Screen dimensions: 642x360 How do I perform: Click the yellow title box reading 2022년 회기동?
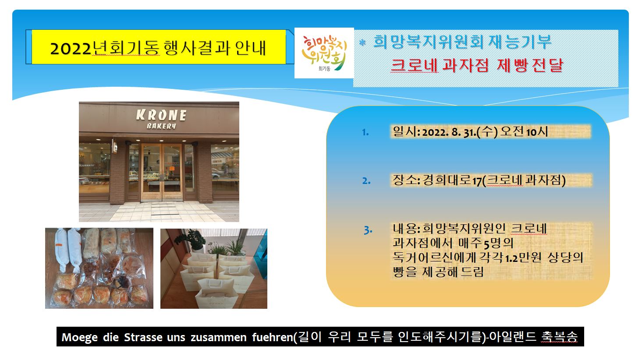coord(159,47)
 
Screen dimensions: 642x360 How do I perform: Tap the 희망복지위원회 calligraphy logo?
coord(324,53)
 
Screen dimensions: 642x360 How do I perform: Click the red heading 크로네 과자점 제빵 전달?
coord(477,66)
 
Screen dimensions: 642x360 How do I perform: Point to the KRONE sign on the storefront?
coord(161,115)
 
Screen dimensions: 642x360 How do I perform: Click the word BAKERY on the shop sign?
coord(161,126)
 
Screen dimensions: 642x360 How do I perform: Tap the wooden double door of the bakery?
coord(162,172)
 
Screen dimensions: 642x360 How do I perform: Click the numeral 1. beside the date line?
coord(365,132)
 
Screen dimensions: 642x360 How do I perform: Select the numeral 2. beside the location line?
coord(366,181)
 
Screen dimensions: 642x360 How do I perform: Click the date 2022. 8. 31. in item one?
coord(449,132)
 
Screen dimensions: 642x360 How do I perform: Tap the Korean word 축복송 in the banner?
coord(560,337)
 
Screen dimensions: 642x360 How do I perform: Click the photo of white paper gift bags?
coord(214,268)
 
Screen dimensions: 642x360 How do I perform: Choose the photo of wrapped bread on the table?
coord(99,268)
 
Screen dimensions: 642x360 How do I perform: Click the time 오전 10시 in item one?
coord(524,132)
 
